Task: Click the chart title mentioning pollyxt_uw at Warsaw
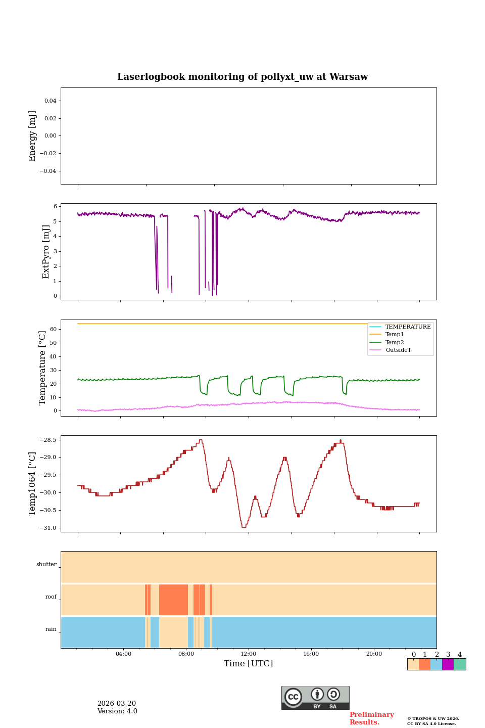[x=243, y=77]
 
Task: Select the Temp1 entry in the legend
[x=395, y=335]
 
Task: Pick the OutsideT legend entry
[x=398, y=350]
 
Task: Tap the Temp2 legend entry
[x=395, y=342]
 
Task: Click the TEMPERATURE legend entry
[x=408, y=327]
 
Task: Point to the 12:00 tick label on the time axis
[x=249, y=654]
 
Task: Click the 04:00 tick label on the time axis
[x=123, y=654]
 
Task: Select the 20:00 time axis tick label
[x=374, y=654]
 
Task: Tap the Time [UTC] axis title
[x=249, y=663]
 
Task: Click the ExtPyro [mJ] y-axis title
[x=46, y=252]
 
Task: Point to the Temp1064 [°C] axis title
[x=33, y=484]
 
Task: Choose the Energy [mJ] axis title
[x=33, y=136]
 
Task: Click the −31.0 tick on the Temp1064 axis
[x=49, y=528]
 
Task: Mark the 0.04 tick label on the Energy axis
[x=50, y=101]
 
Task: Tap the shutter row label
[x=46, y=565]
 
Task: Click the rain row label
[x=51, y=629]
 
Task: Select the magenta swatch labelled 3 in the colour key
[x=448, y=664]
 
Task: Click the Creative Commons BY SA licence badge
[x=315, y=698]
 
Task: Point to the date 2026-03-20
[x=117, y=704]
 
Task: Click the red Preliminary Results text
[x=371, y=718]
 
